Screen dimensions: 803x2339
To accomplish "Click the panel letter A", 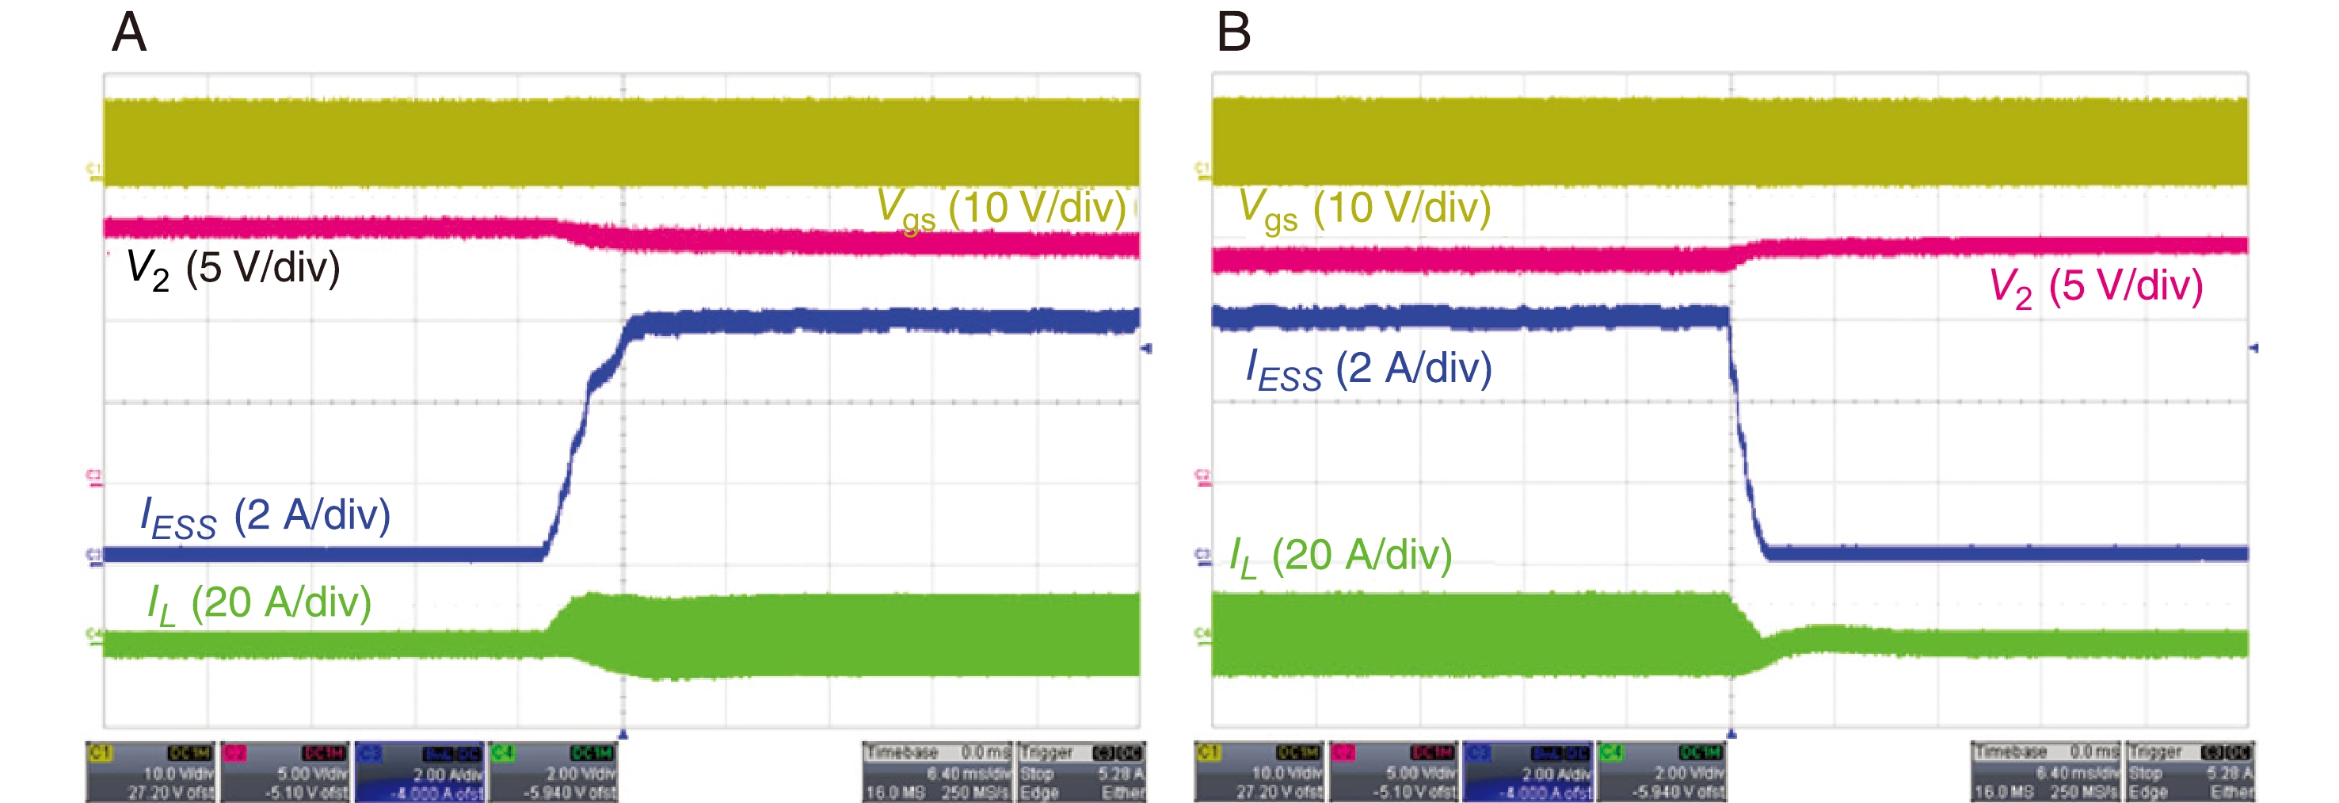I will (129, 33).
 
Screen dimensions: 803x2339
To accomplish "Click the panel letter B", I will (1233, 33).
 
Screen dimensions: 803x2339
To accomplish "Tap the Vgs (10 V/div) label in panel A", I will (1000, 209).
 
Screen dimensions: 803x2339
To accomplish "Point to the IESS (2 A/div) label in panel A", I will (265, 517).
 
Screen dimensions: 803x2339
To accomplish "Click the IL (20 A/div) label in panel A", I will (260, 603).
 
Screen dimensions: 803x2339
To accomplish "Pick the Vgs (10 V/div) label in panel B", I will (1365, 209).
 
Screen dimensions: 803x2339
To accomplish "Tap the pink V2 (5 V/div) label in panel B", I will (2096, 287).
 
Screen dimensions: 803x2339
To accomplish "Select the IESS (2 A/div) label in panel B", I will (1369, 369).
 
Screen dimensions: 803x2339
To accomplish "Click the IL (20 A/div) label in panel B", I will (1340, 556).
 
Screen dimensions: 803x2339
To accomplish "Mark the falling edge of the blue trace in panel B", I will (1743, 436).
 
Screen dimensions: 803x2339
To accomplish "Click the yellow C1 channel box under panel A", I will (150, 772).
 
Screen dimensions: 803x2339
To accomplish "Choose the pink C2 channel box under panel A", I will (285, 772).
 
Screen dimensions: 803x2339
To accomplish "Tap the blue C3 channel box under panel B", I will (1528, 772).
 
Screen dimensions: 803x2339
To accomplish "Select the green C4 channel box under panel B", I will (1662, 772).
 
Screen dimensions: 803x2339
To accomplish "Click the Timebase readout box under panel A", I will (937, 772).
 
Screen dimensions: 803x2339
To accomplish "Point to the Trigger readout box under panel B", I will (2189, 772).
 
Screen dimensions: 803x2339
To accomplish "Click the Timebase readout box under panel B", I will (2045, 772).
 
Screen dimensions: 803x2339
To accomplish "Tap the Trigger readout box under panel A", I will (1080, 772).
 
